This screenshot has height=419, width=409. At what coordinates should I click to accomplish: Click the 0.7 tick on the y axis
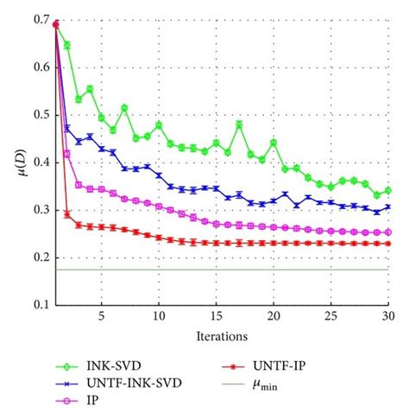(x=40, y=20)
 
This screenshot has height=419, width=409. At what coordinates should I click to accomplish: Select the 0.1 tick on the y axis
(x=40, y=305)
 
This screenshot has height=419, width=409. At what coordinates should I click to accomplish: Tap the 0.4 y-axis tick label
(x=40, y=162)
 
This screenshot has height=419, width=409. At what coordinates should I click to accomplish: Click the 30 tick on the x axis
(x=387, y=316)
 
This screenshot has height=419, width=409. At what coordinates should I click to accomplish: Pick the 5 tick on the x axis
(x=102, y=316)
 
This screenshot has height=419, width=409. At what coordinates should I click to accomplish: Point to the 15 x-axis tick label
(x=216, y=316)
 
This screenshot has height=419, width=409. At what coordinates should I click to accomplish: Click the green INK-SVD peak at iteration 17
(x=239, y=124)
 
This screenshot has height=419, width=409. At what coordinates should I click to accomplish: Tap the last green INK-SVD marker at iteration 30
(x=387, y=190)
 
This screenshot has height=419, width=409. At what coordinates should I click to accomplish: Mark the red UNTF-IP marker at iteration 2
(x=67, y=213)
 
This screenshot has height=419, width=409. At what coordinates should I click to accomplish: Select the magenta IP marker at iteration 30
(x=387, y=232)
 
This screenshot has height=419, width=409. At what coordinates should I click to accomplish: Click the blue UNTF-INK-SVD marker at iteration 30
(x=387, y=207)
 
